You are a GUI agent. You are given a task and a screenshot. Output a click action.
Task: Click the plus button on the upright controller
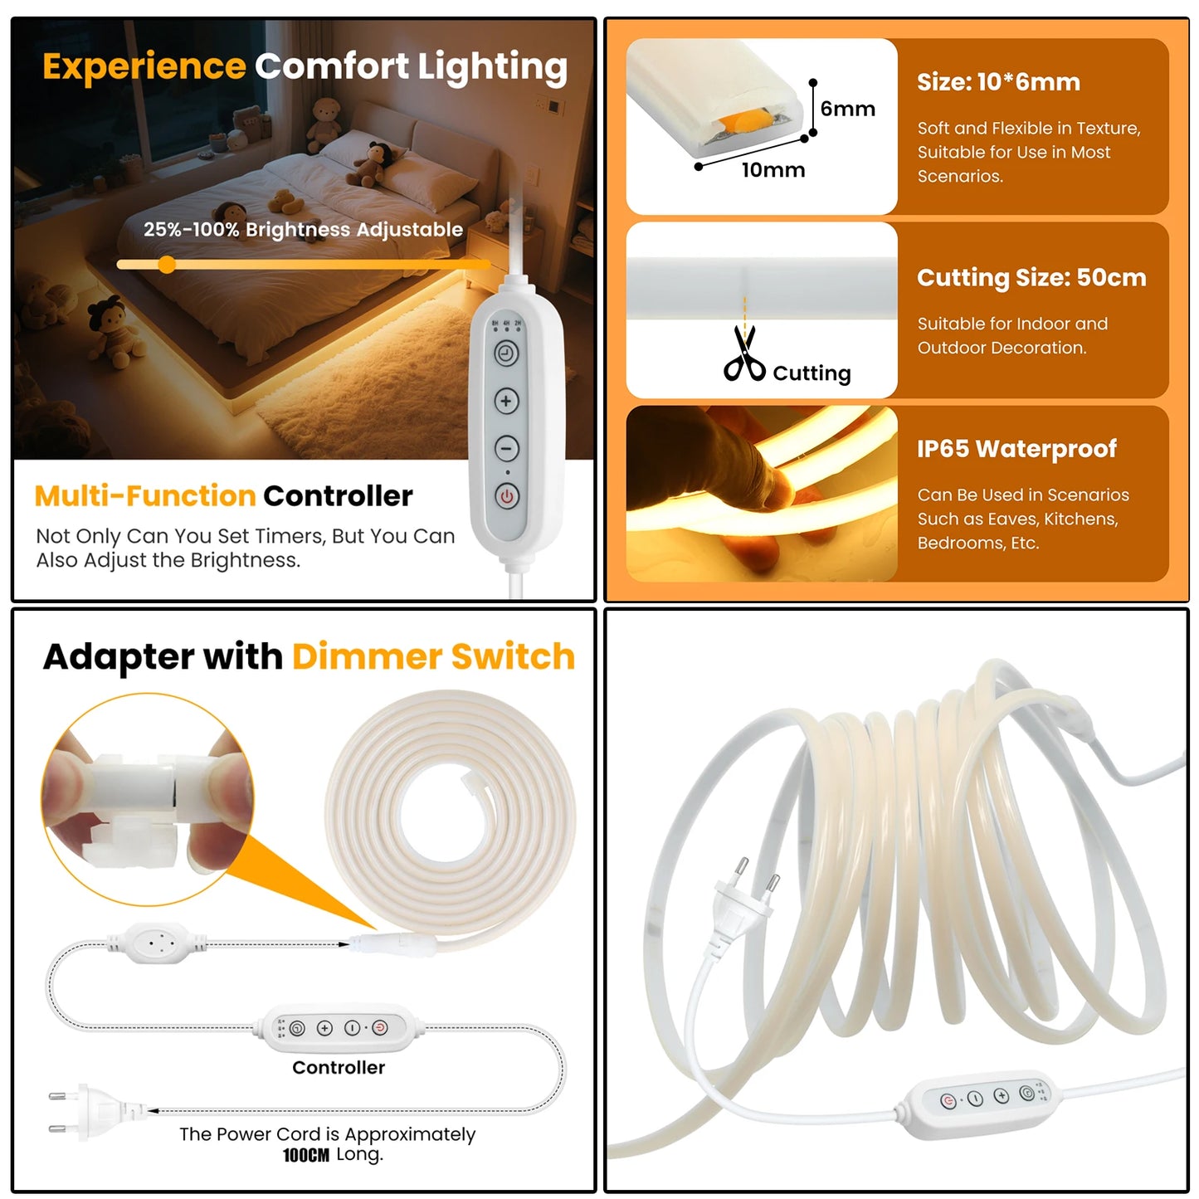coord(506,401)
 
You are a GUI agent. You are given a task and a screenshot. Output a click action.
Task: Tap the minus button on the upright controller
coord(506,448)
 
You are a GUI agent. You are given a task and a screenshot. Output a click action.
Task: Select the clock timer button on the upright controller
coord(506,354)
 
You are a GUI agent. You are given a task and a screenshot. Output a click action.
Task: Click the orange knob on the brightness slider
coord(167,265)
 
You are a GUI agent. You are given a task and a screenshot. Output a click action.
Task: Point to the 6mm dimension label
coord(847,109)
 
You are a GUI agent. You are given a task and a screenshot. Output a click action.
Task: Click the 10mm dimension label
coord(773,170)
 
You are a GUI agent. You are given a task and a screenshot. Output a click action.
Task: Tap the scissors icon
coord(743,354)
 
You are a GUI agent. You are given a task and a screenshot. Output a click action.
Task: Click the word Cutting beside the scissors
coord(812,373)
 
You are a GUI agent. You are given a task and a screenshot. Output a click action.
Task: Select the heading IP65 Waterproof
coord(1016,449)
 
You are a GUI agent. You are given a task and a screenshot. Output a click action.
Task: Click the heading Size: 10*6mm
coord(998,82)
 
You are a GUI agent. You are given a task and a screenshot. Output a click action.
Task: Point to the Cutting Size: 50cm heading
coord(1031,278)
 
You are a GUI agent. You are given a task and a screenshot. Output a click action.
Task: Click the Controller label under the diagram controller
coord(339,1068)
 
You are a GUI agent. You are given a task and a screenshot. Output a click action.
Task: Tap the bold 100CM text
coord(305,1155)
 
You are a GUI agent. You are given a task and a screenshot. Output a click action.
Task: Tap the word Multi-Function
coord(145,496)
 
